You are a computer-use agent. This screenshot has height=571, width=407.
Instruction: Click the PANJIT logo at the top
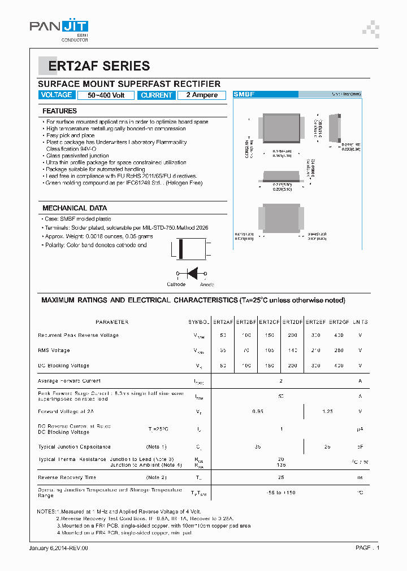tap(59, 28)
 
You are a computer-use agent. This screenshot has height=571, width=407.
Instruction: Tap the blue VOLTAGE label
tap(57, 95)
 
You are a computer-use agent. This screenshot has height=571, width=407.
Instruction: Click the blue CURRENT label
tap(156, 95)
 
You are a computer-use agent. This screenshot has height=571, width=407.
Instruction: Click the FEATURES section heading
tap(59, 111)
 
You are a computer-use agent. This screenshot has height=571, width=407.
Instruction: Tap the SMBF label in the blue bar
tap(244, 95)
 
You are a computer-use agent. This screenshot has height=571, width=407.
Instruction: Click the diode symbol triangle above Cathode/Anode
tap(192, 274)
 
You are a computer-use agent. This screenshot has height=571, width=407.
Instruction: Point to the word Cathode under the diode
tap(176, 284)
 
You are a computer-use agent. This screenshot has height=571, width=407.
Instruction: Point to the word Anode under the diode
tap(207, 284)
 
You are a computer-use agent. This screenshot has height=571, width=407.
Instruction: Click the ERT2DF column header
tap(293, 322)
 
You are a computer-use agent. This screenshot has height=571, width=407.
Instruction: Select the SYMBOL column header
tap(199, 322)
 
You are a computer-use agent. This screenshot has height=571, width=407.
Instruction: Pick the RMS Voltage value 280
tap(339, 350)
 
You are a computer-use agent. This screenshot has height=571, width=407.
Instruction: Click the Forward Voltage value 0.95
tap(257, 411)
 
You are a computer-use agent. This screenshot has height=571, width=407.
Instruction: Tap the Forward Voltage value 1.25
tap(328, 411)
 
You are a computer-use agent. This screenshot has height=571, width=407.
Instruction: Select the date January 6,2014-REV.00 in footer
tap(59, 548)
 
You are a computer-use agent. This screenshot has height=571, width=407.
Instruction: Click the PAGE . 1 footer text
tap(367, 548)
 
